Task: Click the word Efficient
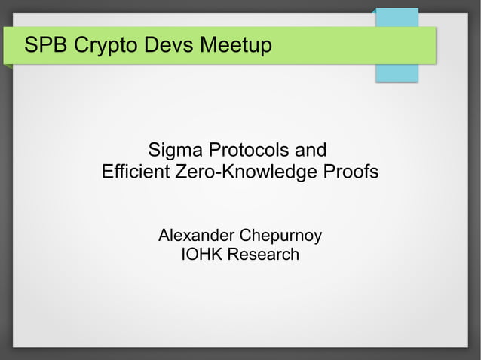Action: (x=135, y=172)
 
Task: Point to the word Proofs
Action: (x=351, y=172)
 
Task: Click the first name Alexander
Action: (x=195, y=236)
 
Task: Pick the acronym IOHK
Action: (x=202, y=255)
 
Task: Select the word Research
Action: (x=263, y=255)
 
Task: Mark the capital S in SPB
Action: (x=31, y=46)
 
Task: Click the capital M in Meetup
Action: (x=210, y=46)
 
